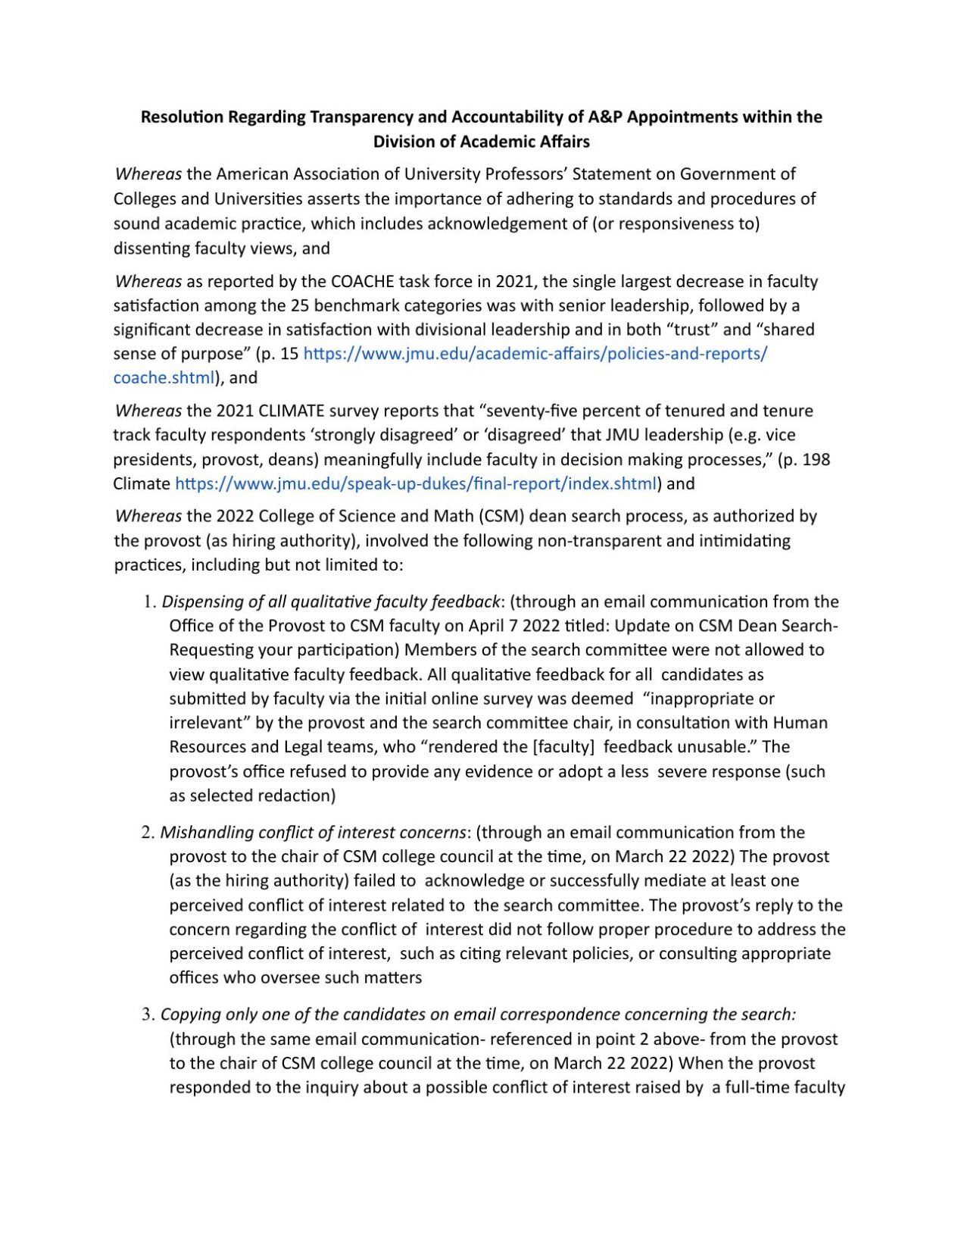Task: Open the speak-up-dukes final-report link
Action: [416, 483]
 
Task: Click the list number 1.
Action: [148, 602]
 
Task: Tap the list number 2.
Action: [147, 833]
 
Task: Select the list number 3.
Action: [147, 1014]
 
